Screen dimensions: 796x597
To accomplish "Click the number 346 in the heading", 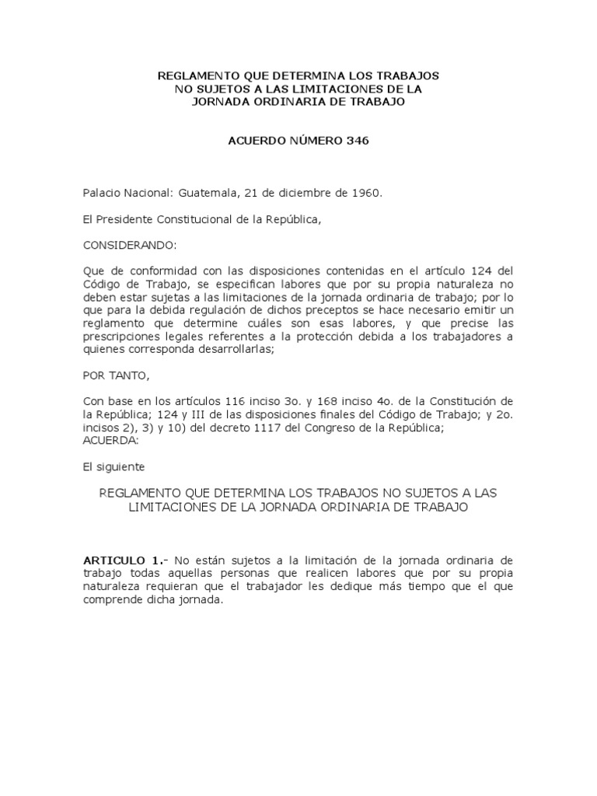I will [354, 141].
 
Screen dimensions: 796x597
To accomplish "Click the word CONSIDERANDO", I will [130, 245].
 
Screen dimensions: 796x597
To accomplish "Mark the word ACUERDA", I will [110, 439].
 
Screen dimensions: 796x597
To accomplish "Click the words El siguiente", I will [113, 466].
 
